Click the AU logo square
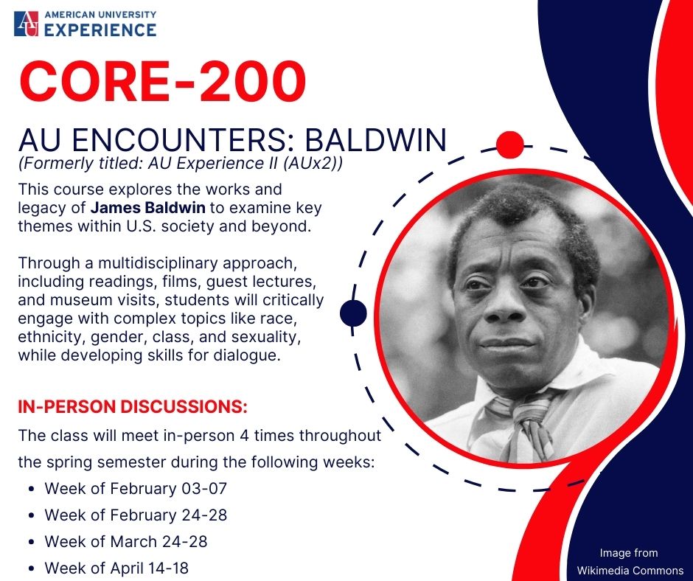[26, 24]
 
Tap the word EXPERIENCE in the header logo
[100, 29]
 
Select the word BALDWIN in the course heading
[376, 140]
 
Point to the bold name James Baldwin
[148, 207]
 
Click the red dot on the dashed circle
[510, 145]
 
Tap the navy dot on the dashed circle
[353, 313]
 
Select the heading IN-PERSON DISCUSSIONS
[133, 406]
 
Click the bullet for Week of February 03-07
[31, 490]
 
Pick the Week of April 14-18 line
[116, 568]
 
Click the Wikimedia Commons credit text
[630, 571]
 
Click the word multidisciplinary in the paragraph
[159, 263]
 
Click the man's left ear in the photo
[587, 283]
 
